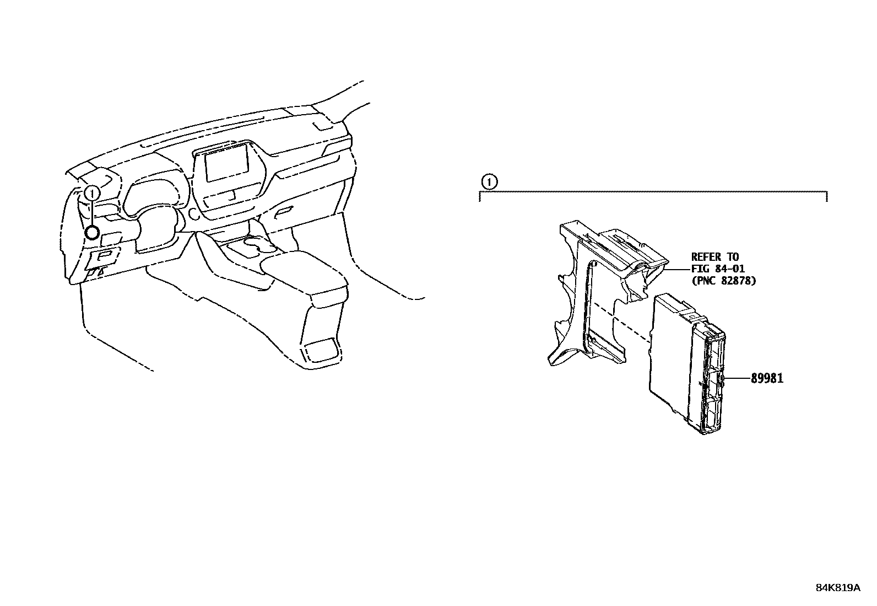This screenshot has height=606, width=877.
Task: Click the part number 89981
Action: (x=767, y=378)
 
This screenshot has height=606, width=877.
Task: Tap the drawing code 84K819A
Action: (x=837, y=588)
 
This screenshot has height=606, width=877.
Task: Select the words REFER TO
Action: (x=715, y=257)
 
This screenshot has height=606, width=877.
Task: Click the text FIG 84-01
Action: (x=717, y=269)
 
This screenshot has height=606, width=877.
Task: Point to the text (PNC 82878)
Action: (x=723, y=281)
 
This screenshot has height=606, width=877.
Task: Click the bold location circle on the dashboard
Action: (x=93, y=233)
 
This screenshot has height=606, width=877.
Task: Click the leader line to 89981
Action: (x=738, y=378)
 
